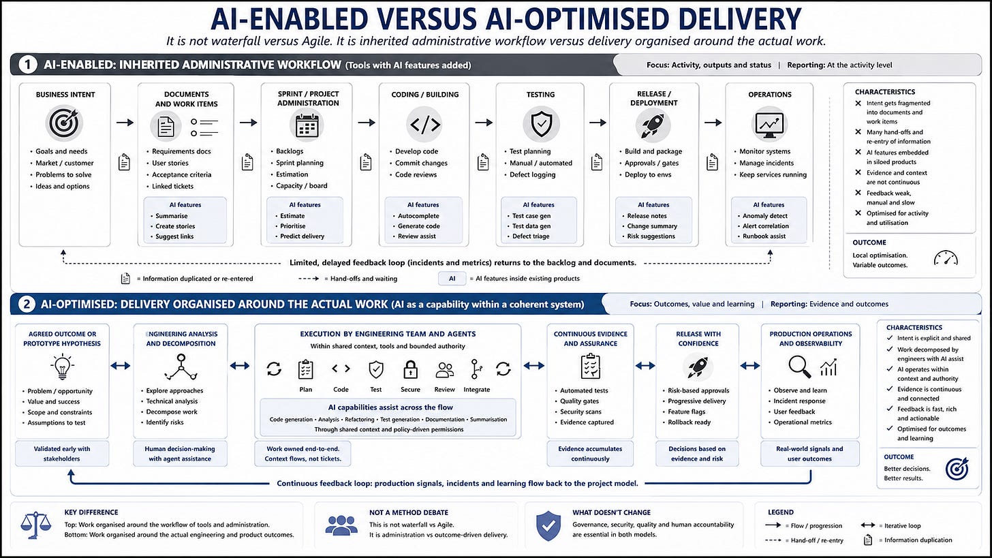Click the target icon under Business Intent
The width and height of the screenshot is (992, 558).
click(64, 123)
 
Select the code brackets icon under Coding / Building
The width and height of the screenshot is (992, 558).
click(424, 125)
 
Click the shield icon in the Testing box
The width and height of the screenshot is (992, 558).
click(541, 124)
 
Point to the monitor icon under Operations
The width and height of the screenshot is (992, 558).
click(769, 125)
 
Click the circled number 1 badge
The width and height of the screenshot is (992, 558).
click(27, 65)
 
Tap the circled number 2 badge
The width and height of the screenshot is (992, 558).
click(26, 305)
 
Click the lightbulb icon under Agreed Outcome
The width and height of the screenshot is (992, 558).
click(62, 367)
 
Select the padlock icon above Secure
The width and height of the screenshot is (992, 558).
click(411, 369)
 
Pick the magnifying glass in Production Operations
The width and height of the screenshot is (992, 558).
click(799, 367)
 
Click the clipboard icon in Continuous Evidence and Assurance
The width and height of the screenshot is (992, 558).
click(590, 366)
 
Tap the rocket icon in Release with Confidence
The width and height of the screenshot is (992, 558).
click(698, 367)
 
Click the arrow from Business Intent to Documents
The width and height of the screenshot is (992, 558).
click(125, 123)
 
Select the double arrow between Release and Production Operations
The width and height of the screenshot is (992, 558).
click(749, 366)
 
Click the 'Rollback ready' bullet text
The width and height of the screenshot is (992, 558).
click(689, 422)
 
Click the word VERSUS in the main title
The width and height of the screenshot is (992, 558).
click(427, 19)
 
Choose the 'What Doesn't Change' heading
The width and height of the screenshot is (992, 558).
click(611, 512)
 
